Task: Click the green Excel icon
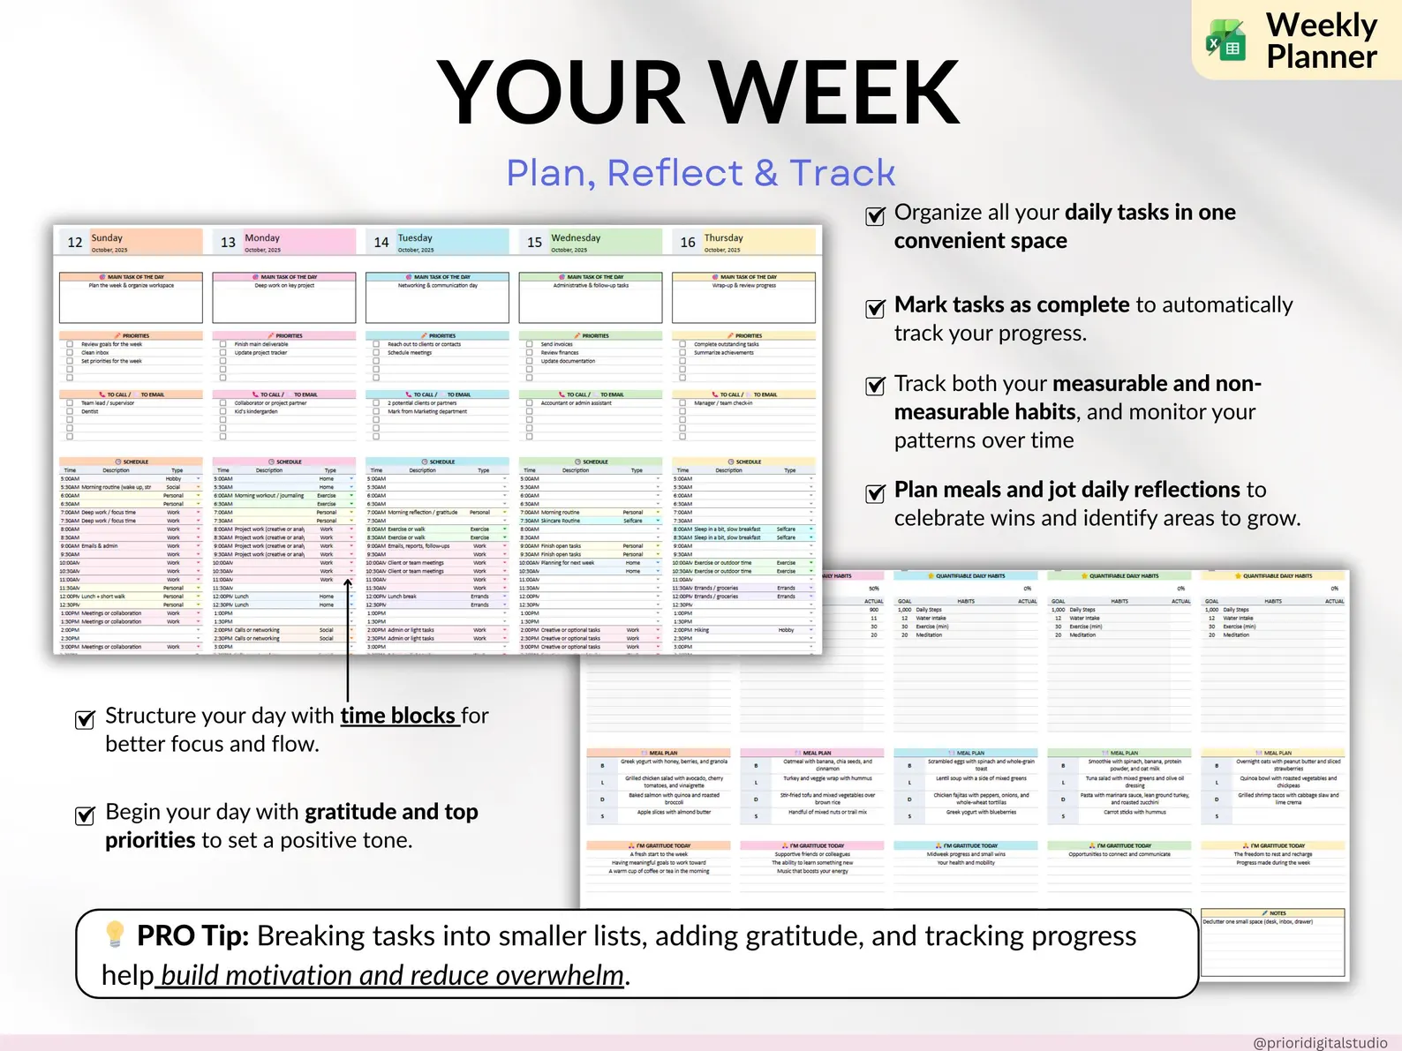(1226, 41)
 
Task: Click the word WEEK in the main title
(833, 93)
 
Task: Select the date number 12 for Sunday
(75, 243)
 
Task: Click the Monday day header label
(262, 238)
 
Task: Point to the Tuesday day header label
(415, 238)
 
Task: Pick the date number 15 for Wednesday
(535, 243)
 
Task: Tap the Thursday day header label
(724, 238)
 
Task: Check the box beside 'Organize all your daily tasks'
(875, 216)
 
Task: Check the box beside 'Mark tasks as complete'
(875, 308)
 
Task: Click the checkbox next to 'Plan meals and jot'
(875, 493)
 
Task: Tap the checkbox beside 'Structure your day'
(85, 719)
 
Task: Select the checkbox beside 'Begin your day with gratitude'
(85, 815)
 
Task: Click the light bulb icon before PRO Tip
(115, 934)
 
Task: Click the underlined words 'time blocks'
(398, 716)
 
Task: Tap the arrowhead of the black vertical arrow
(348, 583)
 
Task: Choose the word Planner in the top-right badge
(1321, 57)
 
